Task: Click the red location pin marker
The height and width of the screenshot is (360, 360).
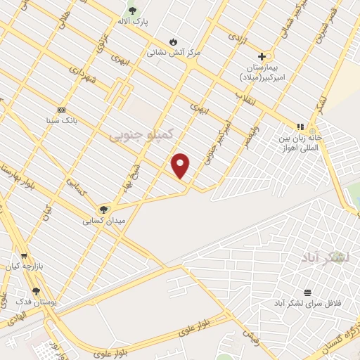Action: (181, 165)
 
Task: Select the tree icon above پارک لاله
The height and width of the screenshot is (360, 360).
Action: (132, 11)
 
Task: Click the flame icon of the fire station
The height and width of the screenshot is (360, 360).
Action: (173, 41)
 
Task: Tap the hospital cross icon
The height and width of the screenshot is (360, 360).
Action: (262, 56)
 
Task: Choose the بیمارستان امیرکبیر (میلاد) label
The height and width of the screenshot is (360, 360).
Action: (262, 71)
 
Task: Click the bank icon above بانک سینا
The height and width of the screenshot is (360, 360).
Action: (61, 110)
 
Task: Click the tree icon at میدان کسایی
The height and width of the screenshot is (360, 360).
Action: (104, 209)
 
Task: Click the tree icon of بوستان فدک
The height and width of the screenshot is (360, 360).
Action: (37, 290)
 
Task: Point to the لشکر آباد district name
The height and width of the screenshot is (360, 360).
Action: (326, 258)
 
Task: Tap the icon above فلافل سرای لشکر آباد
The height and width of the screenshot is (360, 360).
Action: (307, 292)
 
